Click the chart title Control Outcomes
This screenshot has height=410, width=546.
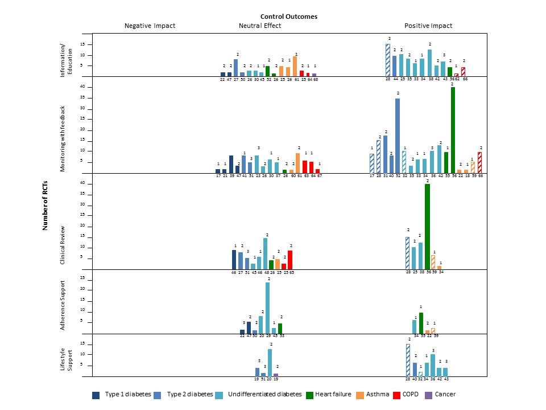click(x=289, y=17)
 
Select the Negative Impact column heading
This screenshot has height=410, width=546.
click(x=150, y=26)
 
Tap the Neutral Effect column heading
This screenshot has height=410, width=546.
click(x=259, y=26)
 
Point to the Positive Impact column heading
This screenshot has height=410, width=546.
click(x=428, y=26)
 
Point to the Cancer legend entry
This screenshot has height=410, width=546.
click(x=444, y=394)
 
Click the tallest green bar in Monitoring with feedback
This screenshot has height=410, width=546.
click(x=453, y=130)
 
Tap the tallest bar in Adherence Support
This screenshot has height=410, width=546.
click(x=268, y=307)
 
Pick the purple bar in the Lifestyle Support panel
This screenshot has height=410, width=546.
click(x=276, y=375)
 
